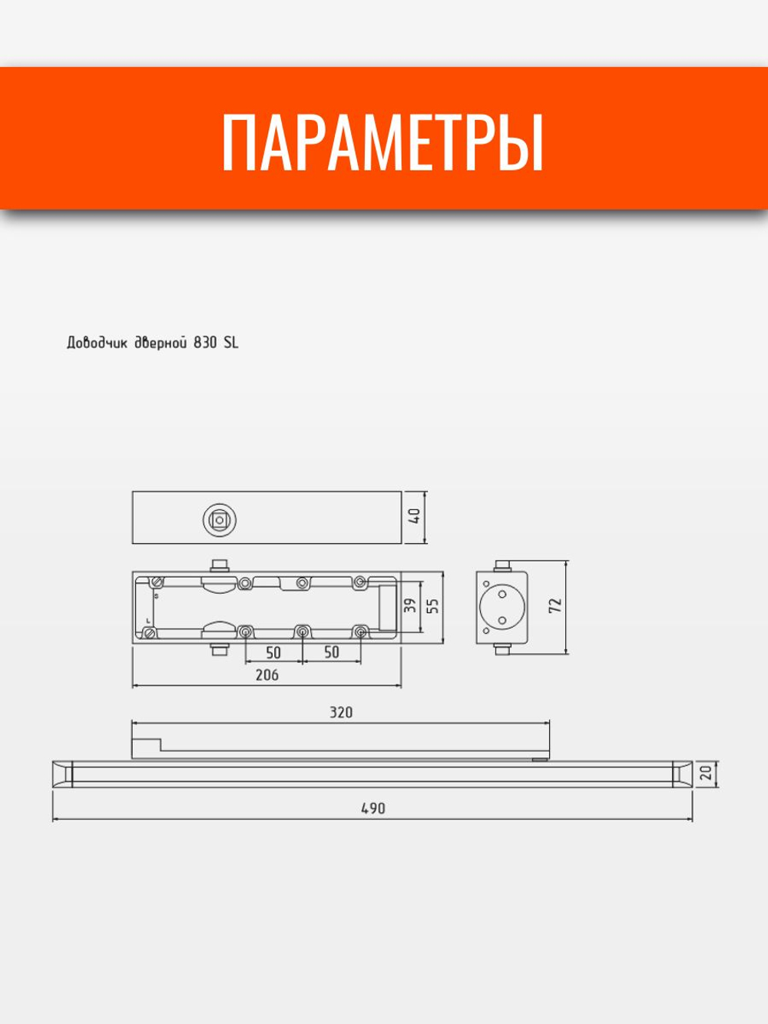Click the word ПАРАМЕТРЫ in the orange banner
click(383, 143)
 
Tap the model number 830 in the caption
click(206, 343)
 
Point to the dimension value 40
click(415, 516)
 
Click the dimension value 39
click(411, 605)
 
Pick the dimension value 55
click(433, 605)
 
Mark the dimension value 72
click(556, 605)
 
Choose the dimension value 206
click(266, 675)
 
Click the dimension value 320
click(341, 712)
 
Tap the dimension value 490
click(372, 808)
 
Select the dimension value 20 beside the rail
click(706, 774)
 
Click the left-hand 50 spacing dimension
click(273, 652)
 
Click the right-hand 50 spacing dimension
click(331, 652)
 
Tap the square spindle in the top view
click(220, 520)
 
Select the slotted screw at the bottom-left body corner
click(150, 633)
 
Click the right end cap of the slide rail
click(681, 774)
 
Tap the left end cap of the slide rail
click(62, 774)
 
